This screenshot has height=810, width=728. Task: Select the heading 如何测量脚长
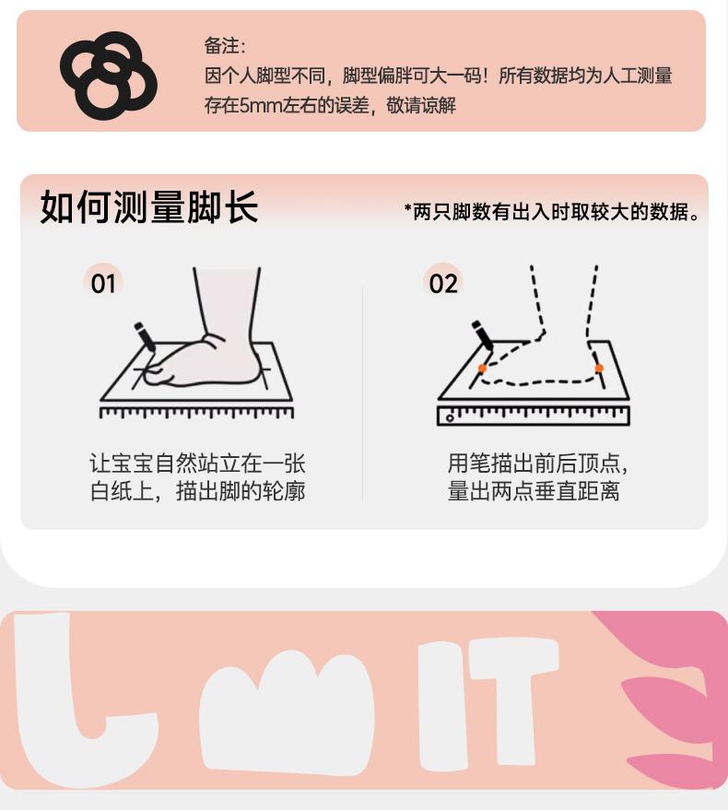[x=148, y=206]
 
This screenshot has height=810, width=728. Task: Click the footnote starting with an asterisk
[x=552, y=212]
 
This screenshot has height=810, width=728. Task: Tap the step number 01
[x=103, y=284]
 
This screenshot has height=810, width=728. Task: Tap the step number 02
[x=443, y=284]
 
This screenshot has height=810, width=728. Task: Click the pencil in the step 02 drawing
[x=483, y=335]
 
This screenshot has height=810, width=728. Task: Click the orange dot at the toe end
[x=483, y=369]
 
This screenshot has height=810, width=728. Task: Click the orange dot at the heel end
[x=599, y=369]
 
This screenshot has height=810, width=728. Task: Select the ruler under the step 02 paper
[x=534, y=416]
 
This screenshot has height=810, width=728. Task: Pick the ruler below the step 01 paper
[x=196, y=412]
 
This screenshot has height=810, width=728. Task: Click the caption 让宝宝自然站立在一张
[x=197, y=464]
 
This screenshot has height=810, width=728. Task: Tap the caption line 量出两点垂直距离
[x=534, y=491]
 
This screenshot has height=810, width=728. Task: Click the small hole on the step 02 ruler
[x=450, y=418]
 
